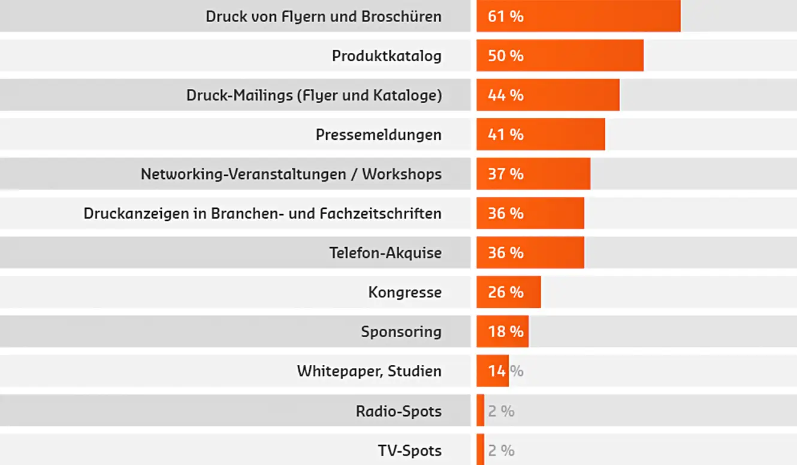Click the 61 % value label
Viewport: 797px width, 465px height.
[x=505, y=16]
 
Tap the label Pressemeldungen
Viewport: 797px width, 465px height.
[x=378, y=135]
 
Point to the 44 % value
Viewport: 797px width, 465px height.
[x=505, y=95]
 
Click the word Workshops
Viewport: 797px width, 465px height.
[x=401, y=175]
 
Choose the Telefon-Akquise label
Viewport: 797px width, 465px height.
[x=385, y=253]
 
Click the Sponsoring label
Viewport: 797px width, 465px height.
[x=401, y=332]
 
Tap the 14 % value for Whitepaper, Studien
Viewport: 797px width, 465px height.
[x=505, y=371]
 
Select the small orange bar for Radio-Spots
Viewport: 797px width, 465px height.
[x=480, y=411]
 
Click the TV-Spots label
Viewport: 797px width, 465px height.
[x=409, y=451]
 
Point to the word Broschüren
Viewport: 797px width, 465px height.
[x=401, y=16]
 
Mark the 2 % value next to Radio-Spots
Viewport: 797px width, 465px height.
[x=501, y=412]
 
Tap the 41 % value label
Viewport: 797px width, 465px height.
[x=505, y=135]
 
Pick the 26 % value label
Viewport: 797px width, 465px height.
[x=505, y=292]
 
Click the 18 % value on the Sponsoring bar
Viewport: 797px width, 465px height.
[x=505, y=332]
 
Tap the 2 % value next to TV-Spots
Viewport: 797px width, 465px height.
[x=501, y=451]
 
